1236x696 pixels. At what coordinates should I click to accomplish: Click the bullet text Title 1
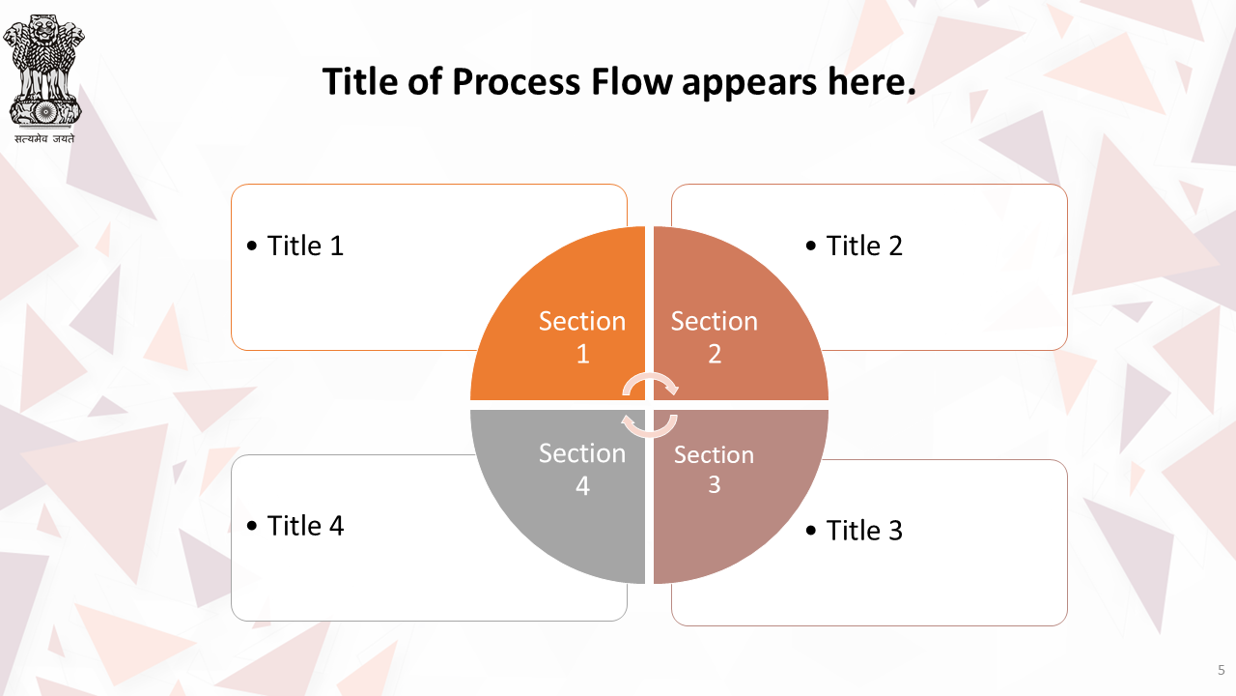(x=305, y=246)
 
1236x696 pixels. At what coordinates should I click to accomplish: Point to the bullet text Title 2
(x=864, y=246)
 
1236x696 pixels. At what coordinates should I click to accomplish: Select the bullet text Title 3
(x=864, y=531)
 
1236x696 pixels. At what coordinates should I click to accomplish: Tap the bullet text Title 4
(x=305, y=525)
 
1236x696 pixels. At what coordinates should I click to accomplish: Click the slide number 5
(x=1222, y=670)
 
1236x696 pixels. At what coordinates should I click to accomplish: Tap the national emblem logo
(x=44, y=71)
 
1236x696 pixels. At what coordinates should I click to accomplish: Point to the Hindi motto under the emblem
(x=44, y=138)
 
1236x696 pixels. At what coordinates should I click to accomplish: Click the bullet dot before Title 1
(x=252, y=246)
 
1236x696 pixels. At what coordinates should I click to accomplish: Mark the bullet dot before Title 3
(x=811, y=531)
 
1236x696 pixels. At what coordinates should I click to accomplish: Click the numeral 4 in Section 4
(x=582, y=486)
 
